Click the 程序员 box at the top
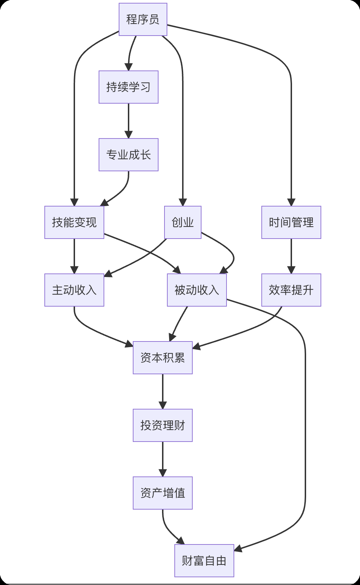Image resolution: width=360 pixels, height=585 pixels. point(143,19)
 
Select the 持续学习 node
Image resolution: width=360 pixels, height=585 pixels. point(128,87)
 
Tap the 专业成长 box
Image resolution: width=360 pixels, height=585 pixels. point(128,155)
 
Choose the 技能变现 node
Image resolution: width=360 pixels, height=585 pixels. point(74,222)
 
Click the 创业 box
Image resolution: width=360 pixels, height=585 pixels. point(182,222)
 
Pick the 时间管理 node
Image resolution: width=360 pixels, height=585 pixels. point(291,222)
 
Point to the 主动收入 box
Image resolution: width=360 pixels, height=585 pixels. point(74,290)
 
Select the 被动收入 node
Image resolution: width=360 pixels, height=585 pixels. point(197,290)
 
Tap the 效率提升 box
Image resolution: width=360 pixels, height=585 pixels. point(291,290)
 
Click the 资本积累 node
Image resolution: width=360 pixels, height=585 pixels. point(162,358)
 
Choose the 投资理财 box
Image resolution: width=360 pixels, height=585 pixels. point(162,425)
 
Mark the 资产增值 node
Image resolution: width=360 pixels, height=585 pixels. point(162,493)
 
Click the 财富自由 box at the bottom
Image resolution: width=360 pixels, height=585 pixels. point(204,561)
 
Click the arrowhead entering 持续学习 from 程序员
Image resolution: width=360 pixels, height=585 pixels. point(128,67)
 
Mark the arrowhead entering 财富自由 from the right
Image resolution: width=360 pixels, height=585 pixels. point(238,549)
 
